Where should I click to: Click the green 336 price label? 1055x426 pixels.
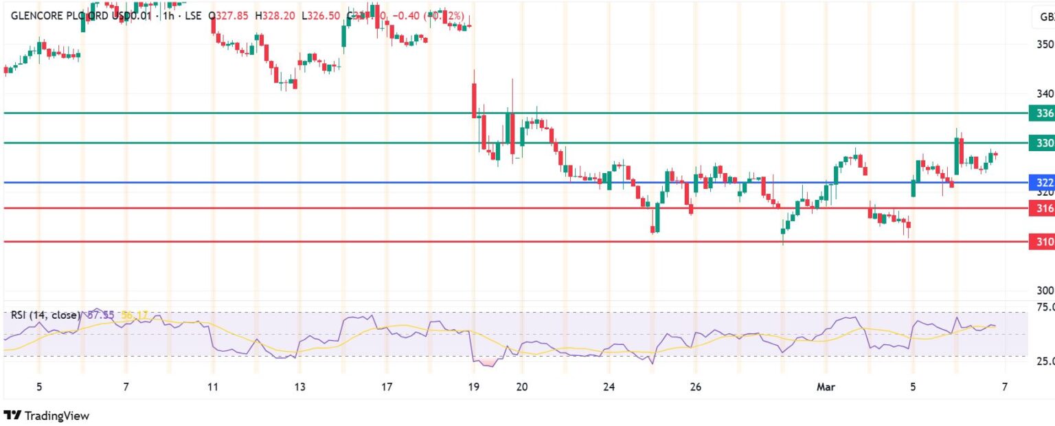(x=1041, y=113)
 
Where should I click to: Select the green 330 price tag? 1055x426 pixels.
(x=1041, y=143)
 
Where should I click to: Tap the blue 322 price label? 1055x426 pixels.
(x=1041, y=183)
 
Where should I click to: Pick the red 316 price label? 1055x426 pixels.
(x=1041, y=208)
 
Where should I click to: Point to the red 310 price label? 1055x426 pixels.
(x=1041, y=241)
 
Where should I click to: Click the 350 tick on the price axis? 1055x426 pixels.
(x=1044, y=45)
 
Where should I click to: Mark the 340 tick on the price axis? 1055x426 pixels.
(x=1044, y=93)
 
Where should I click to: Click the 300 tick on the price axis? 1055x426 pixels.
(x=1044, y=291)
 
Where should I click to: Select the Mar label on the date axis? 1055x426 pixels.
(x=825, y=387)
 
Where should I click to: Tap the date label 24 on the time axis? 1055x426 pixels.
(x=608, y=387)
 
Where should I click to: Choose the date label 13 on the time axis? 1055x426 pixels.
(x=299, y=387)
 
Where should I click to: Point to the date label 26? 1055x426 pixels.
(x=695, y=387)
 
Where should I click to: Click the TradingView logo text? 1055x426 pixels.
(x=56, y=416)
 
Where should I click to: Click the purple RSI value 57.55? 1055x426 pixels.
(x=102, y=315)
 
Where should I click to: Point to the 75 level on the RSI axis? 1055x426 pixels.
(x=1045, y=307)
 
